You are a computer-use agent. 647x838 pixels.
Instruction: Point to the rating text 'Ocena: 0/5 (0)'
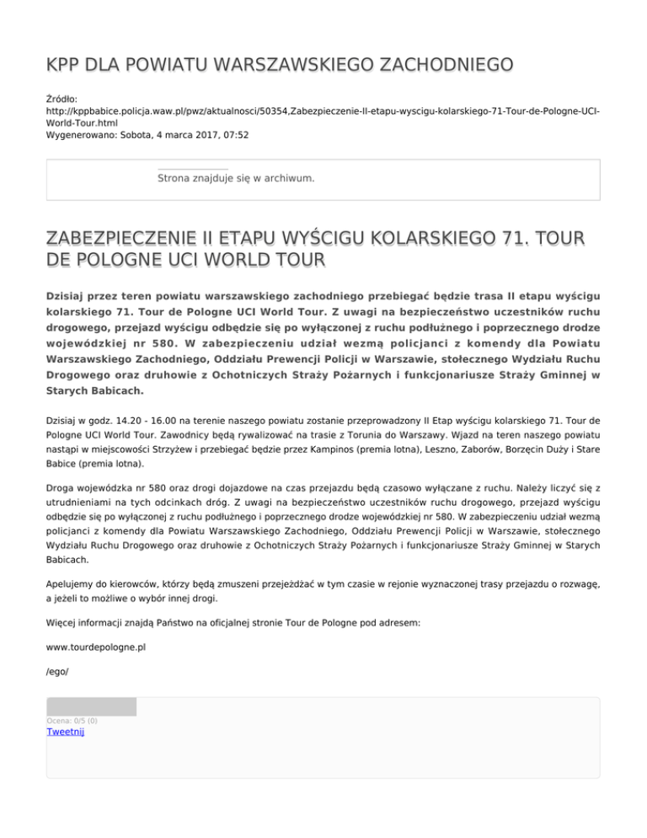[x=72, y=721]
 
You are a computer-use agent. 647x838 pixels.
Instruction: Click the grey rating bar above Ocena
[x=91, y=706]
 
